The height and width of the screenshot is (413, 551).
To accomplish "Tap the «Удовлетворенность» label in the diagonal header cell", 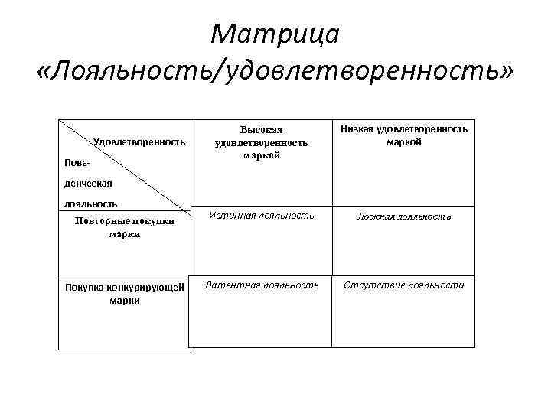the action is [x=139, y=141].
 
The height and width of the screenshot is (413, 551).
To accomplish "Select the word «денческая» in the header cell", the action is [x=87, y=184].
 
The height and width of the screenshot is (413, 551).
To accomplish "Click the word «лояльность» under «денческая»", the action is [x=90, y=203].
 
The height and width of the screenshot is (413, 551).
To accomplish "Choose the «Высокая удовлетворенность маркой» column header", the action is [x=262, y=142].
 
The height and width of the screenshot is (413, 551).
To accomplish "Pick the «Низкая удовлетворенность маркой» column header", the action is [x=404, y=135].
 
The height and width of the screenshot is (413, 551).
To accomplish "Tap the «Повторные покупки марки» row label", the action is [x=125, y=228].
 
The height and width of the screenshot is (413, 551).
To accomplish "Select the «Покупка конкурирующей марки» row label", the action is [x=125, y=294].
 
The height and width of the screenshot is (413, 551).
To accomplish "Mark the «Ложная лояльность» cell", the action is [x=403, y=216].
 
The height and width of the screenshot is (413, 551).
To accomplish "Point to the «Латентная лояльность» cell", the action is [x=261, y=285].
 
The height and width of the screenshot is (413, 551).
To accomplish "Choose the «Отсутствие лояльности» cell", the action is [x=403, y=285].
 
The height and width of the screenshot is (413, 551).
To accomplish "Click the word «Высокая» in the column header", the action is [x=262, y=131].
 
